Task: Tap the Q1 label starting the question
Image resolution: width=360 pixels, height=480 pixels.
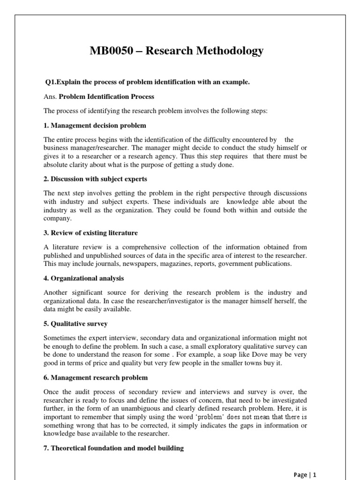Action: point(50,82)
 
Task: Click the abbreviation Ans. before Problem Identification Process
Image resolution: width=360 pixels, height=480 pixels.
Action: point(50,97)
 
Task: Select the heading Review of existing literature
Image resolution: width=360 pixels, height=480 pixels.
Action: point(94,232)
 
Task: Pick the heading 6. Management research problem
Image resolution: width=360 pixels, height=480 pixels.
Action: point(96,377)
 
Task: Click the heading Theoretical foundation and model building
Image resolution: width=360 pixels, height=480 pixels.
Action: point(118,449)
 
